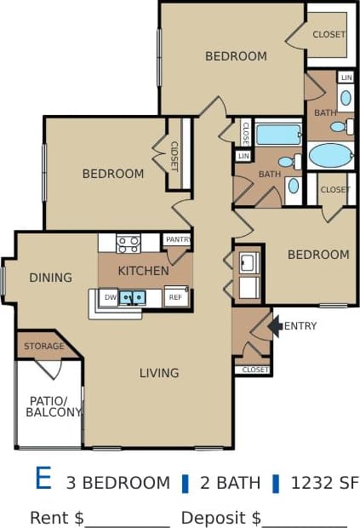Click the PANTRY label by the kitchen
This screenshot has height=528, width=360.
(177, 240)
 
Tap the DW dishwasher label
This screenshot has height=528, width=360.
(108, 297)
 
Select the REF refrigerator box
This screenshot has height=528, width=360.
(176, 297)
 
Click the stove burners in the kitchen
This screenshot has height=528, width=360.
(129, 244)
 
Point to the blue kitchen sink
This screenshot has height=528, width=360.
(132, 297)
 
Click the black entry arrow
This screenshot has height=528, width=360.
(274, 325)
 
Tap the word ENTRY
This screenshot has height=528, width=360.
(300, 326)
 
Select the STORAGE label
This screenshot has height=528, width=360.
(43, 347)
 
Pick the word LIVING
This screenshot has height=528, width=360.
(159, 372)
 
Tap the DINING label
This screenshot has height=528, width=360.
(50, 278)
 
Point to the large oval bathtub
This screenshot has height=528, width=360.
(330, 155)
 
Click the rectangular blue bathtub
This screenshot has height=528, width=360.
(278, 135)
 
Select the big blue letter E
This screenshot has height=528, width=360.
(43, 479)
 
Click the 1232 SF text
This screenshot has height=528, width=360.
(324, 483)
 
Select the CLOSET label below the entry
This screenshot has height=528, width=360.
(255, 370)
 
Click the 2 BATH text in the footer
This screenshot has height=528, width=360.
(230, 483)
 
